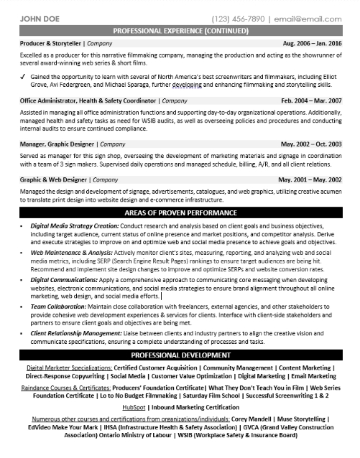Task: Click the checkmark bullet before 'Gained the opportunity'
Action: coord(26,75)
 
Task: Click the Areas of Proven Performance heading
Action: coord(180,213)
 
